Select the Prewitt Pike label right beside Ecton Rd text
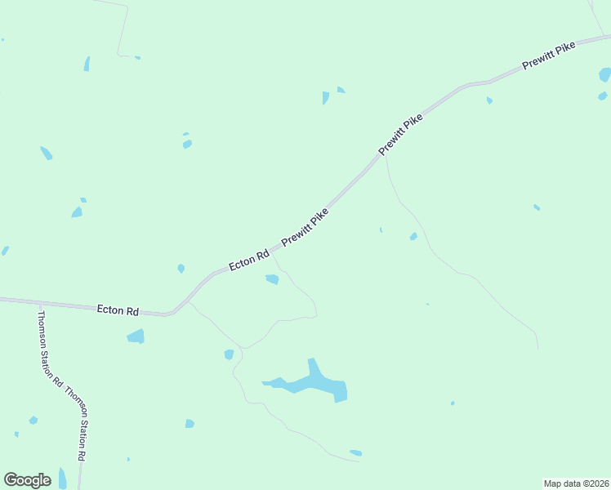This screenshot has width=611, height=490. pyautogui.click(x=305, y=228)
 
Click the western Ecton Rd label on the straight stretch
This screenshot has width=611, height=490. pyautogui.click(x=118, y=310)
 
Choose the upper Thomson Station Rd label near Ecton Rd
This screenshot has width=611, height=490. pyautogui.click(x=50, y=348)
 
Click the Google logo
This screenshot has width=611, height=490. pyautogui.click(x=27, y=480)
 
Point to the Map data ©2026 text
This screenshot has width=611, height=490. pyautogui.click(x=576, y=483)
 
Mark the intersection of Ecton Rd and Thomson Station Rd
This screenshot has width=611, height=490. pyautogui.click(x=38, y=304)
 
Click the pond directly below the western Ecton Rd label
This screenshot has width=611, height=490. pyautogui.click(x=136, y=336)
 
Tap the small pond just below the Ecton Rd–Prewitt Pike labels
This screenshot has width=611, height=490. pyautogui.click(x=272, y=279)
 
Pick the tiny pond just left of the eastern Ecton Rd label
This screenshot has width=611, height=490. pyautogui.click(x=181, y=268)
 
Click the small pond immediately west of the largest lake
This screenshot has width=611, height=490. pyautogui.click(x=229, y=354)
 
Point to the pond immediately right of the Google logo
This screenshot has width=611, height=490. pyautogui.click(x=62, y=478)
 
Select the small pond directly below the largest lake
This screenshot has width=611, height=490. pyautogui.click(x=355, y=452)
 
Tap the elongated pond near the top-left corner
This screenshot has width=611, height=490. pyautogui.click(x=87, y=64)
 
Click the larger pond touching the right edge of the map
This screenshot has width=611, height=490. pyautogui.click(x=604, y=75)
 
